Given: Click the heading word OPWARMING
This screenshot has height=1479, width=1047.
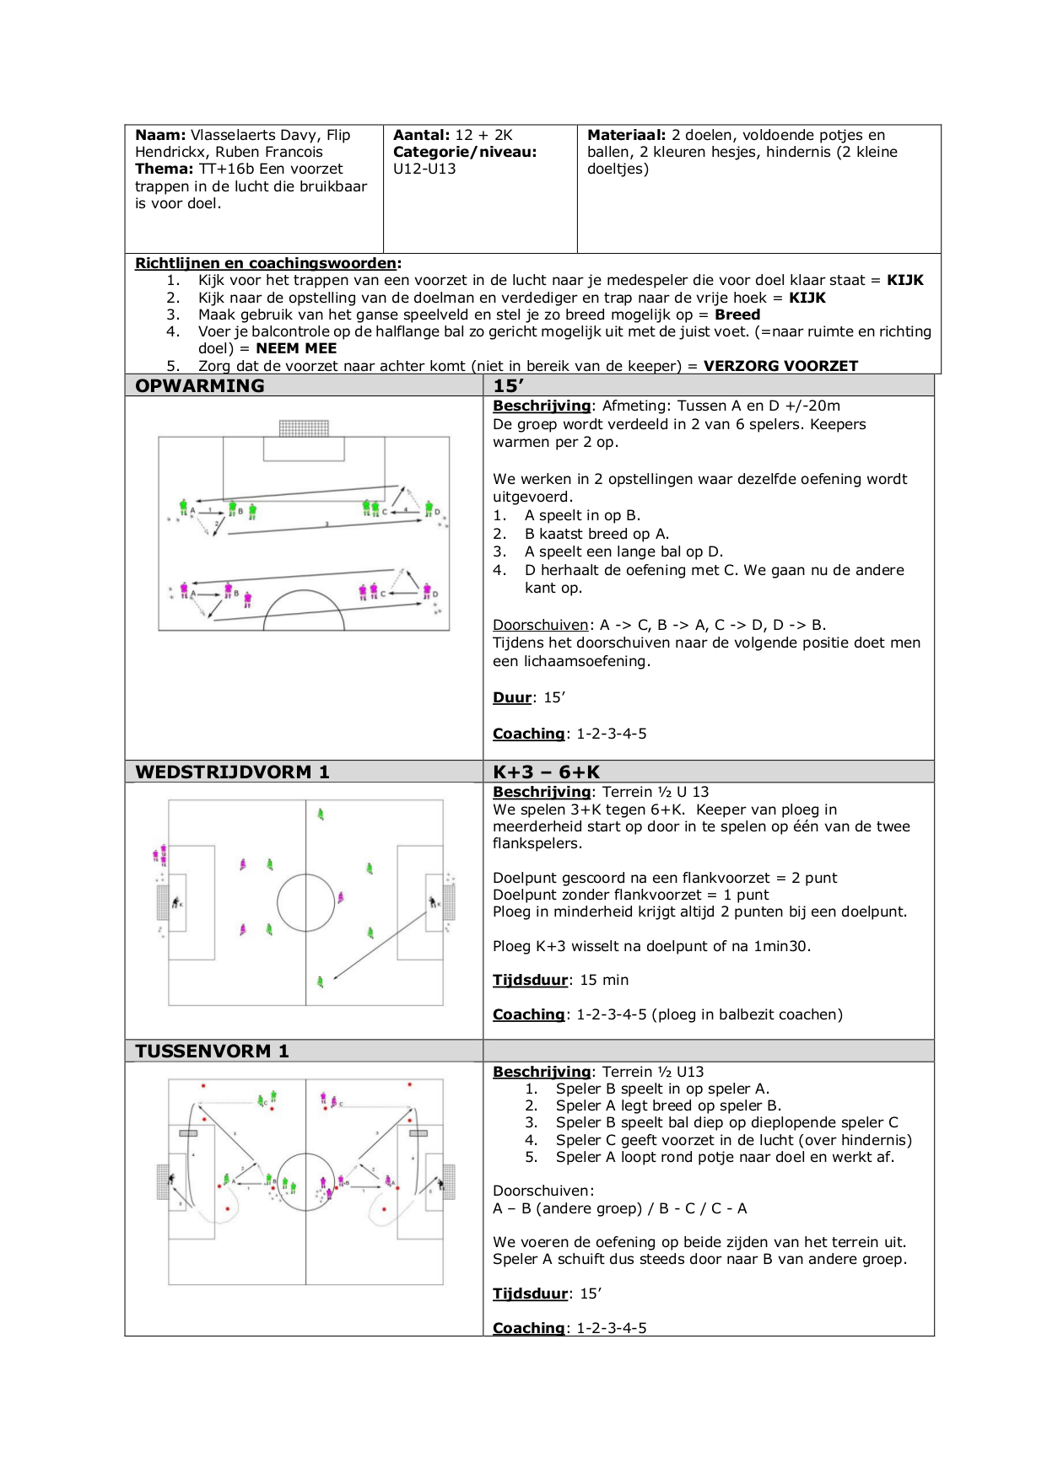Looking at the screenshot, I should click(199, 385).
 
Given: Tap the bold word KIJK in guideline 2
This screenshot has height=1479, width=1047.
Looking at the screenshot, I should click(807, 298).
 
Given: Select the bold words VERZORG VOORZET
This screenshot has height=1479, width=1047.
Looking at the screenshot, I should click(780, 366).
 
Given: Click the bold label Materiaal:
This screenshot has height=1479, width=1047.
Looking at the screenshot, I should click(626, 135).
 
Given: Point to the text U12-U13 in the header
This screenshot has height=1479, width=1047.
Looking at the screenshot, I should click(424, 169).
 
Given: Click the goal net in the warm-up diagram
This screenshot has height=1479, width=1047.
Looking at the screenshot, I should click(304, 428).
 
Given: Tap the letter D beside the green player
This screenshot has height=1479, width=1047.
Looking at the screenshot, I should click(437, 512).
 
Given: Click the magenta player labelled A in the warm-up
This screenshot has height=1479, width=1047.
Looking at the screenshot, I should click(184, 590).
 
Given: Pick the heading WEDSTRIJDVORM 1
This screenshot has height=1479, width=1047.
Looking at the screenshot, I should click(232, 772).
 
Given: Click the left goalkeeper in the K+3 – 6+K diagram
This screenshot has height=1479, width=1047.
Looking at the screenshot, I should click(176, 902).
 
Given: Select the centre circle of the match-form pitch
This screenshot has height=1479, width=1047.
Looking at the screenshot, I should click(305, 902).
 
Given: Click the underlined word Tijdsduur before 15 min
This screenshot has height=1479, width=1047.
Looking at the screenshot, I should click(530, 980).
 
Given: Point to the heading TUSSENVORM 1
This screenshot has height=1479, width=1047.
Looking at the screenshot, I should click(212, 1051).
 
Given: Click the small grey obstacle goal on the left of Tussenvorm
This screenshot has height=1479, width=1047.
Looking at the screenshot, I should click(188, 1133).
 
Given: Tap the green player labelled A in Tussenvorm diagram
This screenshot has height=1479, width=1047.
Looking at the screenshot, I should click(226, 1179).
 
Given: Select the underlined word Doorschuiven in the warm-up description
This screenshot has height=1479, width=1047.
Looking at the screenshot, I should click(540, 625).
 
